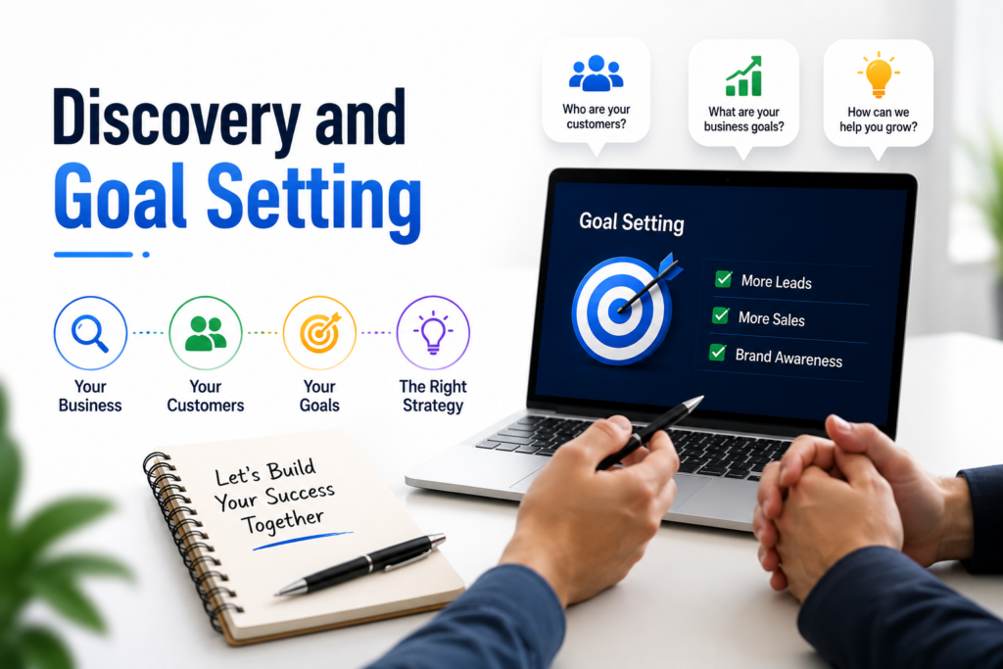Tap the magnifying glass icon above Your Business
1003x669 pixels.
89,333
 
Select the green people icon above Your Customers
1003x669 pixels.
206,333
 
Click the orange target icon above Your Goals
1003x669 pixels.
320,333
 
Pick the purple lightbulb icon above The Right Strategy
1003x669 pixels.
433,333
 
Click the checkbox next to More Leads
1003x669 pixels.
724,279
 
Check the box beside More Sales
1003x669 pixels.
721,315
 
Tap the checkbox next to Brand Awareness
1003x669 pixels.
718,353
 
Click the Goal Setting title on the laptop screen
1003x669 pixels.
632,222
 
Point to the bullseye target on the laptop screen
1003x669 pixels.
621,311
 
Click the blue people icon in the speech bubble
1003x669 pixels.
597,72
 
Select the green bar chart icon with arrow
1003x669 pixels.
744,75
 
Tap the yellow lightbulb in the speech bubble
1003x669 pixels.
879,74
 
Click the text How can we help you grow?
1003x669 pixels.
879,119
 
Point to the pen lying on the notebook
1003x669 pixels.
360,565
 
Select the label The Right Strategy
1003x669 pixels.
433,396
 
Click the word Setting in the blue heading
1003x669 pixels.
314,198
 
